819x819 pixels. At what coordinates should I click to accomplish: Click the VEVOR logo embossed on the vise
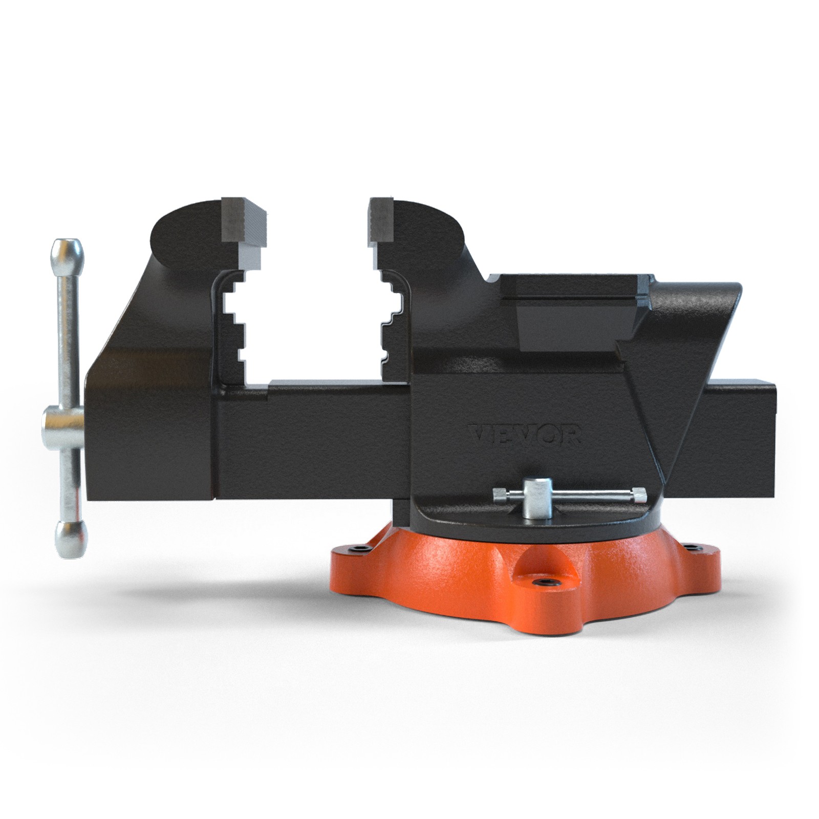point(525,435)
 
